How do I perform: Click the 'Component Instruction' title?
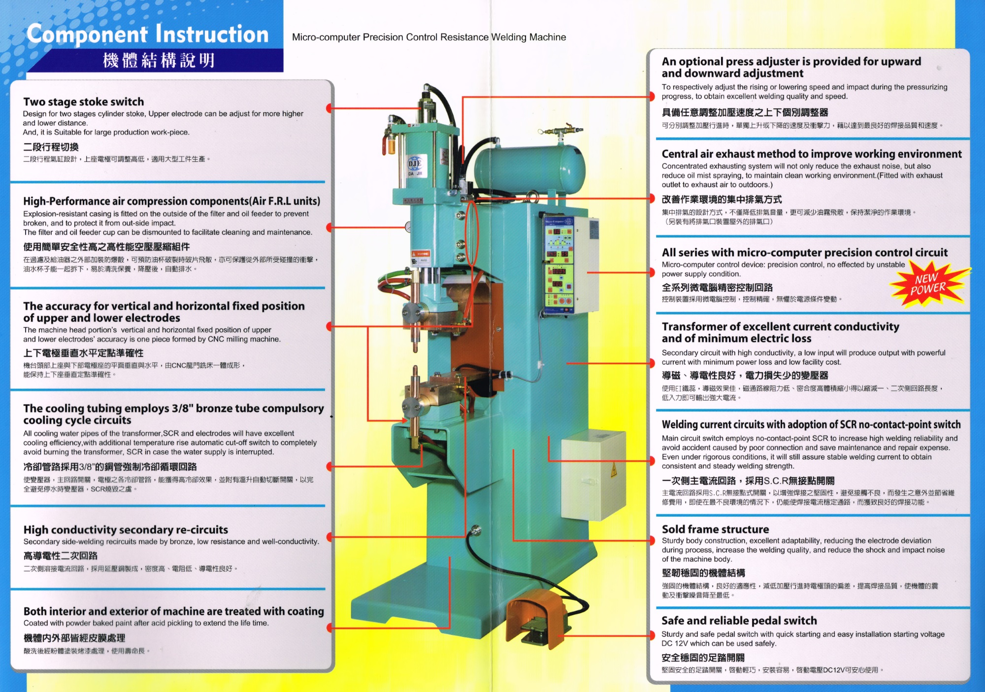(x=147, y=34)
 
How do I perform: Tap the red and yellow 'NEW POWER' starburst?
(x=928, y=284)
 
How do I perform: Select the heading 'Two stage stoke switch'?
(x=84, y=102)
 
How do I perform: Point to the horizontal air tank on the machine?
(x=530, y=168)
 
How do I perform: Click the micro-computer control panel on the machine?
(x=559, y=266)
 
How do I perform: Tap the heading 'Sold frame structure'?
(x=715, y=530)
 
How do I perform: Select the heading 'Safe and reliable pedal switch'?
(x=739, y=621)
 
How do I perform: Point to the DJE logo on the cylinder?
(x=415, y=164)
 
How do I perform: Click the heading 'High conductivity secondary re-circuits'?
(x=126, y=530)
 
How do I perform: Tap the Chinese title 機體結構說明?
(x=159, y=61)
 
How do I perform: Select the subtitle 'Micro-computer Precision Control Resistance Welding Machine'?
(x=428, y=37)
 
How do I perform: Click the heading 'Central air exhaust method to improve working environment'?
(x=811, y=154)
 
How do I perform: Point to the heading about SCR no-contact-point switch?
(x=811, y=425)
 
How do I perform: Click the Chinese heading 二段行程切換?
(x=51, y=147)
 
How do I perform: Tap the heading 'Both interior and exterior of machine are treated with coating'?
(x=173, y=611)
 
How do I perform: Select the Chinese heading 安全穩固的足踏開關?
(x=703, y=658)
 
